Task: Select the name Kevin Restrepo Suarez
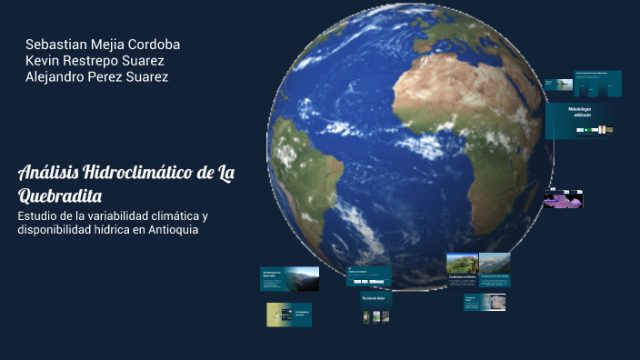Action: (95, 61)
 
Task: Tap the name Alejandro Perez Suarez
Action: (96, 77)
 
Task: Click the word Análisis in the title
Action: (47, 174)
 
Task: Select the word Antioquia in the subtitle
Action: (165, 230)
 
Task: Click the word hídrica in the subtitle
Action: (120, 230)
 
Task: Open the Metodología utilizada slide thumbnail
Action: (583, 121)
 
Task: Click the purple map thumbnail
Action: (563, 199)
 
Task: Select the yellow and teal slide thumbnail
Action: (289, 315)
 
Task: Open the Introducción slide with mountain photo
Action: (289, 278)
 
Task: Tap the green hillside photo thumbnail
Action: (462, 263)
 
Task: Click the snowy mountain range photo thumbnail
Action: (495, 263)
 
